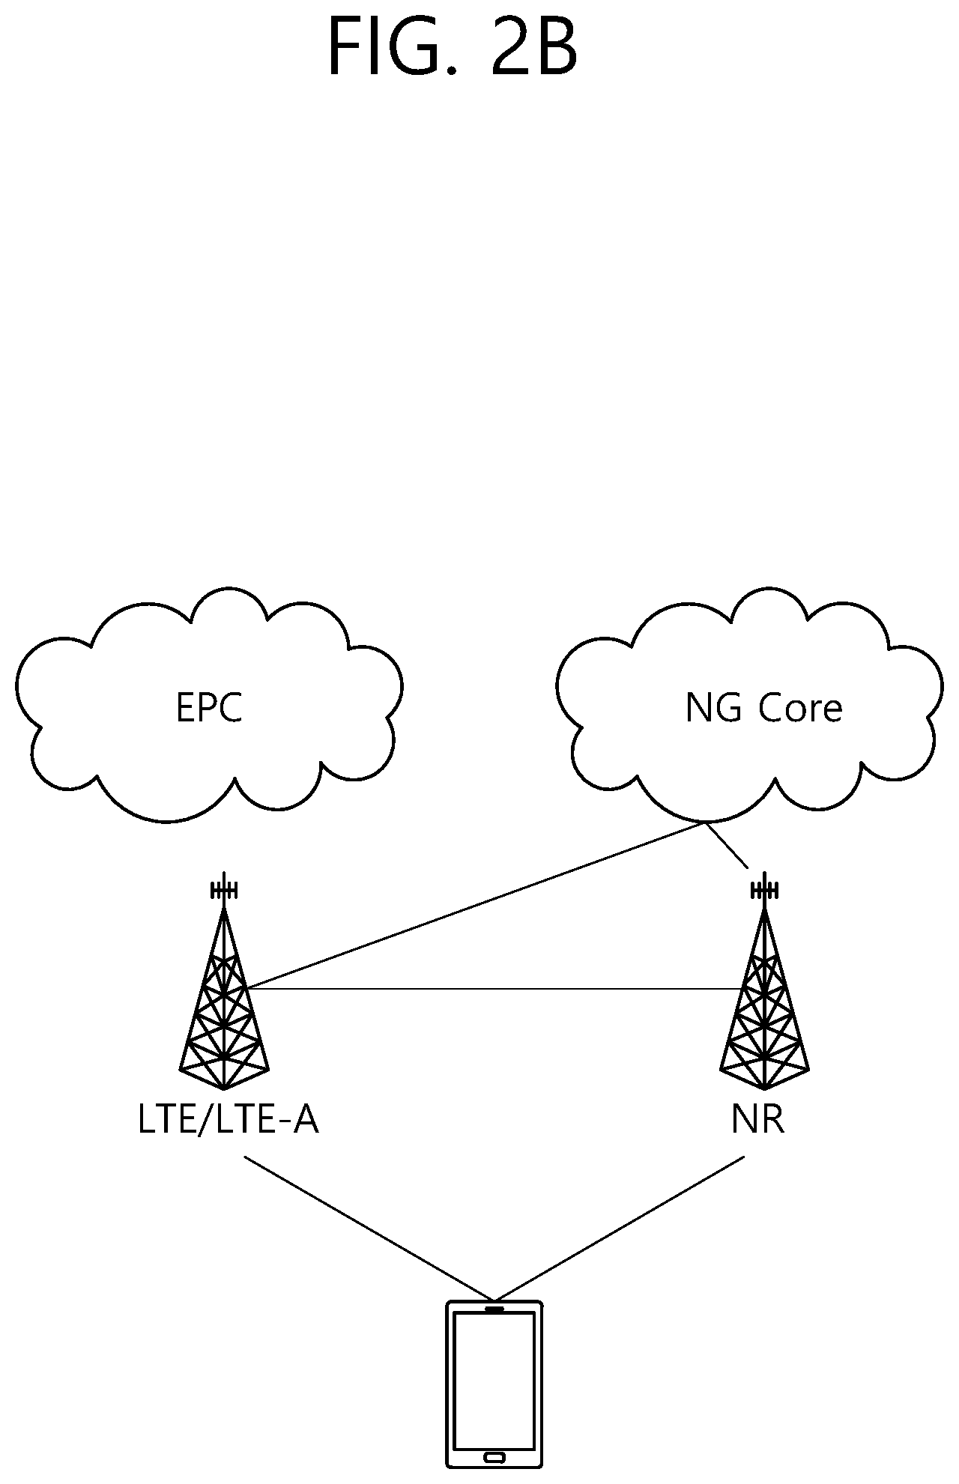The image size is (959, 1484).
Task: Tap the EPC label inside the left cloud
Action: point(209,708)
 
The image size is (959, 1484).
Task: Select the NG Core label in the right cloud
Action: point(763,708)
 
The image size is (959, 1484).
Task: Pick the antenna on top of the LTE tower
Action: point(224,889)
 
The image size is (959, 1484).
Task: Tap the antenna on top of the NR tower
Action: point(764,889)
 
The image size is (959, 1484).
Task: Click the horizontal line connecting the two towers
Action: point(494,990)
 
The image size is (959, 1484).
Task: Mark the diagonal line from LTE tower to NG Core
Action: point(475,906)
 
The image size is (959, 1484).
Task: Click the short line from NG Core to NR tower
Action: point(726,845)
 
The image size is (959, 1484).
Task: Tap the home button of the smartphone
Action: point(494,1457)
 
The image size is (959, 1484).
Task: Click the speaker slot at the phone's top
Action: point(494,1309)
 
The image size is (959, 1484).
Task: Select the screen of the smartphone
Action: point(494,1382)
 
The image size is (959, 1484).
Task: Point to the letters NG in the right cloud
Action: point(716,708)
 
